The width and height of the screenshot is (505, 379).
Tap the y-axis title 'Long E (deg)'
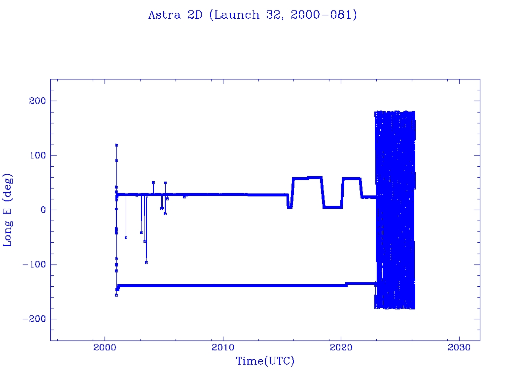pyautogui.click(x=8, y=210)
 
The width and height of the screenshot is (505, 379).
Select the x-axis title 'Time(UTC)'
pyautogui.click(x=265, y=361)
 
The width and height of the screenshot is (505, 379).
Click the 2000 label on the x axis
pyautogui.click(x=105, y=347)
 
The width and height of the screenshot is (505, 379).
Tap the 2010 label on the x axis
pyautogui.click(x=223, y=347)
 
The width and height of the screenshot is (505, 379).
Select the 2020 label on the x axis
pyautogui.click(x=341, y=347)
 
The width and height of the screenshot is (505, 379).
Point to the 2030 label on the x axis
pyautogui.click(x=460, y=347)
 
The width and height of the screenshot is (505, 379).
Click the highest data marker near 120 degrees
pyautogui.click(x=116, y=145)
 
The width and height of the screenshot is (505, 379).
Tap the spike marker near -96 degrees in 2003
pyautogui.click(x=146, y=263)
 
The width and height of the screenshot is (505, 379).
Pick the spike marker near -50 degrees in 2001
pyautogui.click(x=126, y=237)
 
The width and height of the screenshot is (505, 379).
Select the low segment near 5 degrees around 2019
pyautogui.click(x=332, y=207)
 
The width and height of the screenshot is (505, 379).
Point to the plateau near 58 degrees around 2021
pyautogui.click(x=351, y=179)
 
